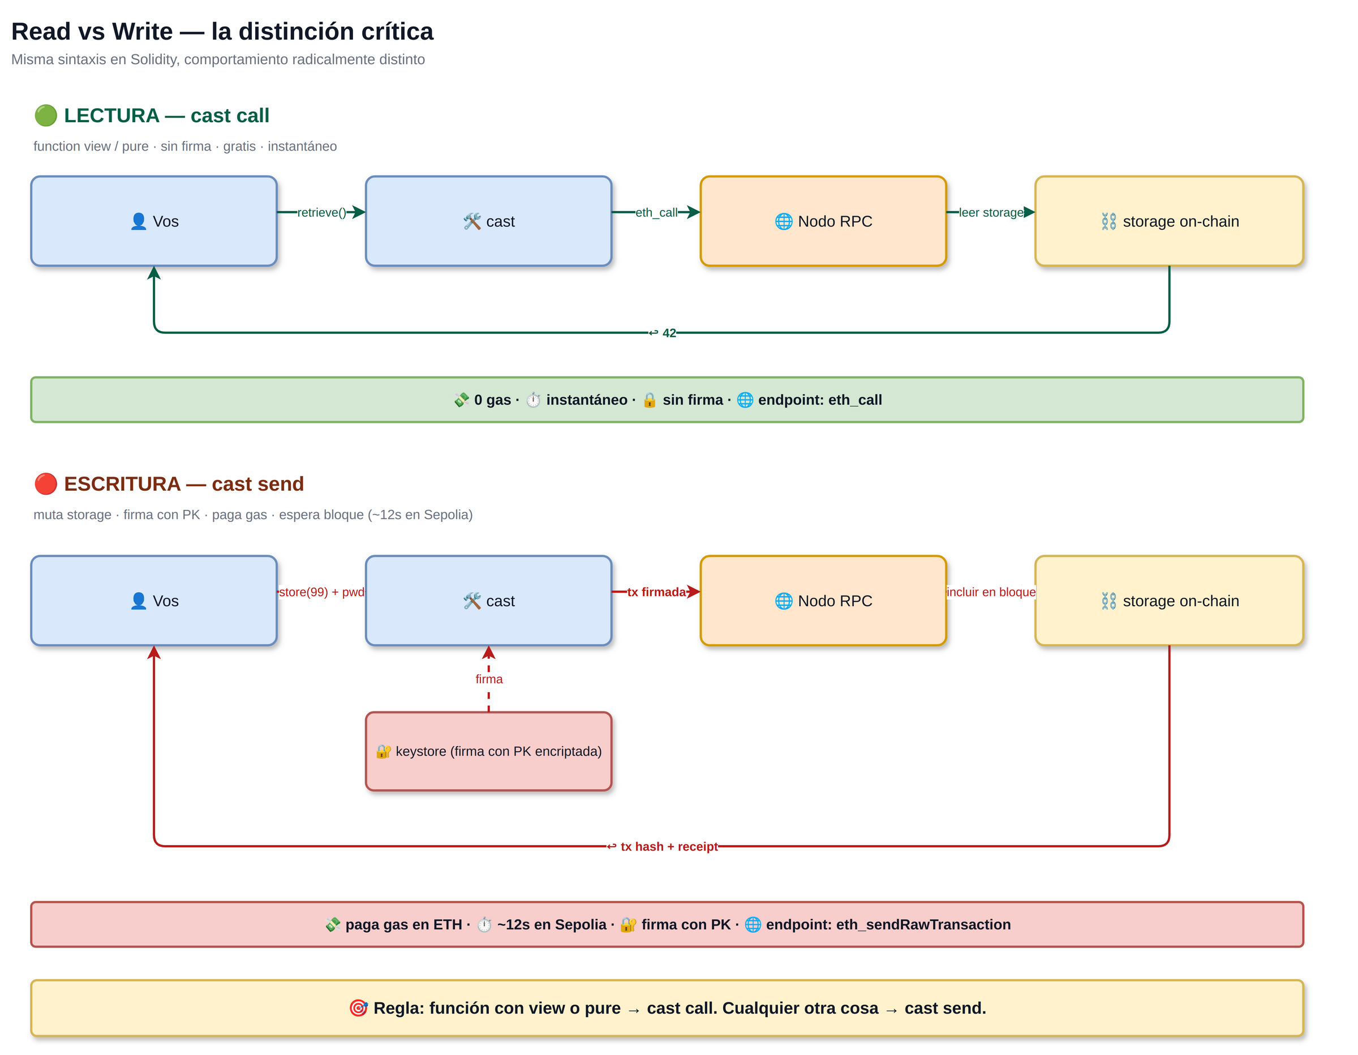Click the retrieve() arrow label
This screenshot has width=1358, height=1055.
321,213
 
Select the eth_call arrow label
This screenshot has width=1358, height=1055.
656,213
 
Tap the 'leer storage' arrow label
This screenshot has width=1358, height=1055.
991,213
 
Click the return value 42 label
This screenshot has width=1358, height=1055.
662,333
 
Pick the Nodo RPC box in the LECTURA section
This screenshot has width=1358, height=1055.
823,221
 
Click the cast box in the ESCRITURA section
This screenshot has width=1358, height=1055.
489,601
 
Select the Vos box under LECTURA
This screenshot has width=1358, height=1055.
154,221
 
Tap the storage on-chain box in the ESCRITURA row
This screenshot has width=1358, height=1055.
1169,601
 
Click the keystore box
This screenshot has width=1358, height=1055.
489,752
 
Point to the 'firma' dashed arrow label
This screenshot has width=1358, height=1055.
489,679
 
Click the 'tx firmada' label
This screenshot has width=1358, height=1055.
656,592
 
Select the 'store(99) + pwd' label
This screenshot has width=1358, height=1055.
321,592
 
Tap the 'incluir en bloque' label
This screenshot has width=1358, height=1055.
991,592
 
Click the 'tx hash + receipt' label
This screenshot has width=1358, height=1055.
662,847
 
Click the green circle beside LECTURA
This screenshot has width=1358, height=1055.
45,115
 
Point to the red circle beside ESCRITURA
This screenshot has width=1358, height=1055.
45,483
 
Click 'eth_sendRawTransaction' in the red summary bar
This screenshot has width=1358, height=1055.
923,924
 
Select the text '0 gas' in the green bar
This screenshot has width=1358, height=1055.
492,400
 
